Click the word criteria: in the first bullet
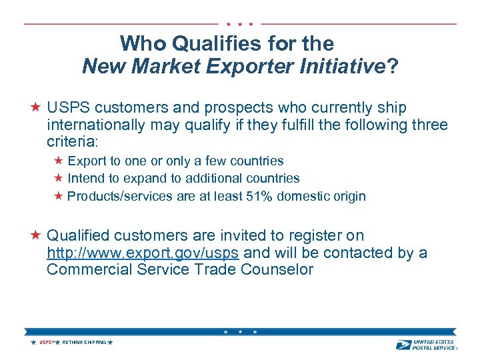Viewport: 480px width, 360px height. (x=72, y=142)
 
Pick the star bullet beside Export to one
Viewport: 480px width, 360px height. (x=58, y=161)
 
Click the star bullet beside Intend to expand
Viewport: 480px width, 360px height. (x=58, y=178)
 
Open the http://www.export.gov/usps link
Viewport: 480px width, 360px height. (x=144, y=253)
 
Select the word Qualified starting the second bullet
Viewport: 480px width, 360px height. (x=78, y=236)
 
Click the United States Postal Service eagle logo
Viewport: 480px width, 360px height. (x=403, y=345)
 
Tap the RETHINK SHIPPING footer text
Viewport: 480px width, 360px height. (x=83, y=343)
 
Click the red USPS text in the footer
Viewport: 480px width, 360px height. (x=45, y=343)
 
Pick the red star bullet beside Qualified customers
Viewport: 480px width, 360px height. (x=36, y=235)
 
